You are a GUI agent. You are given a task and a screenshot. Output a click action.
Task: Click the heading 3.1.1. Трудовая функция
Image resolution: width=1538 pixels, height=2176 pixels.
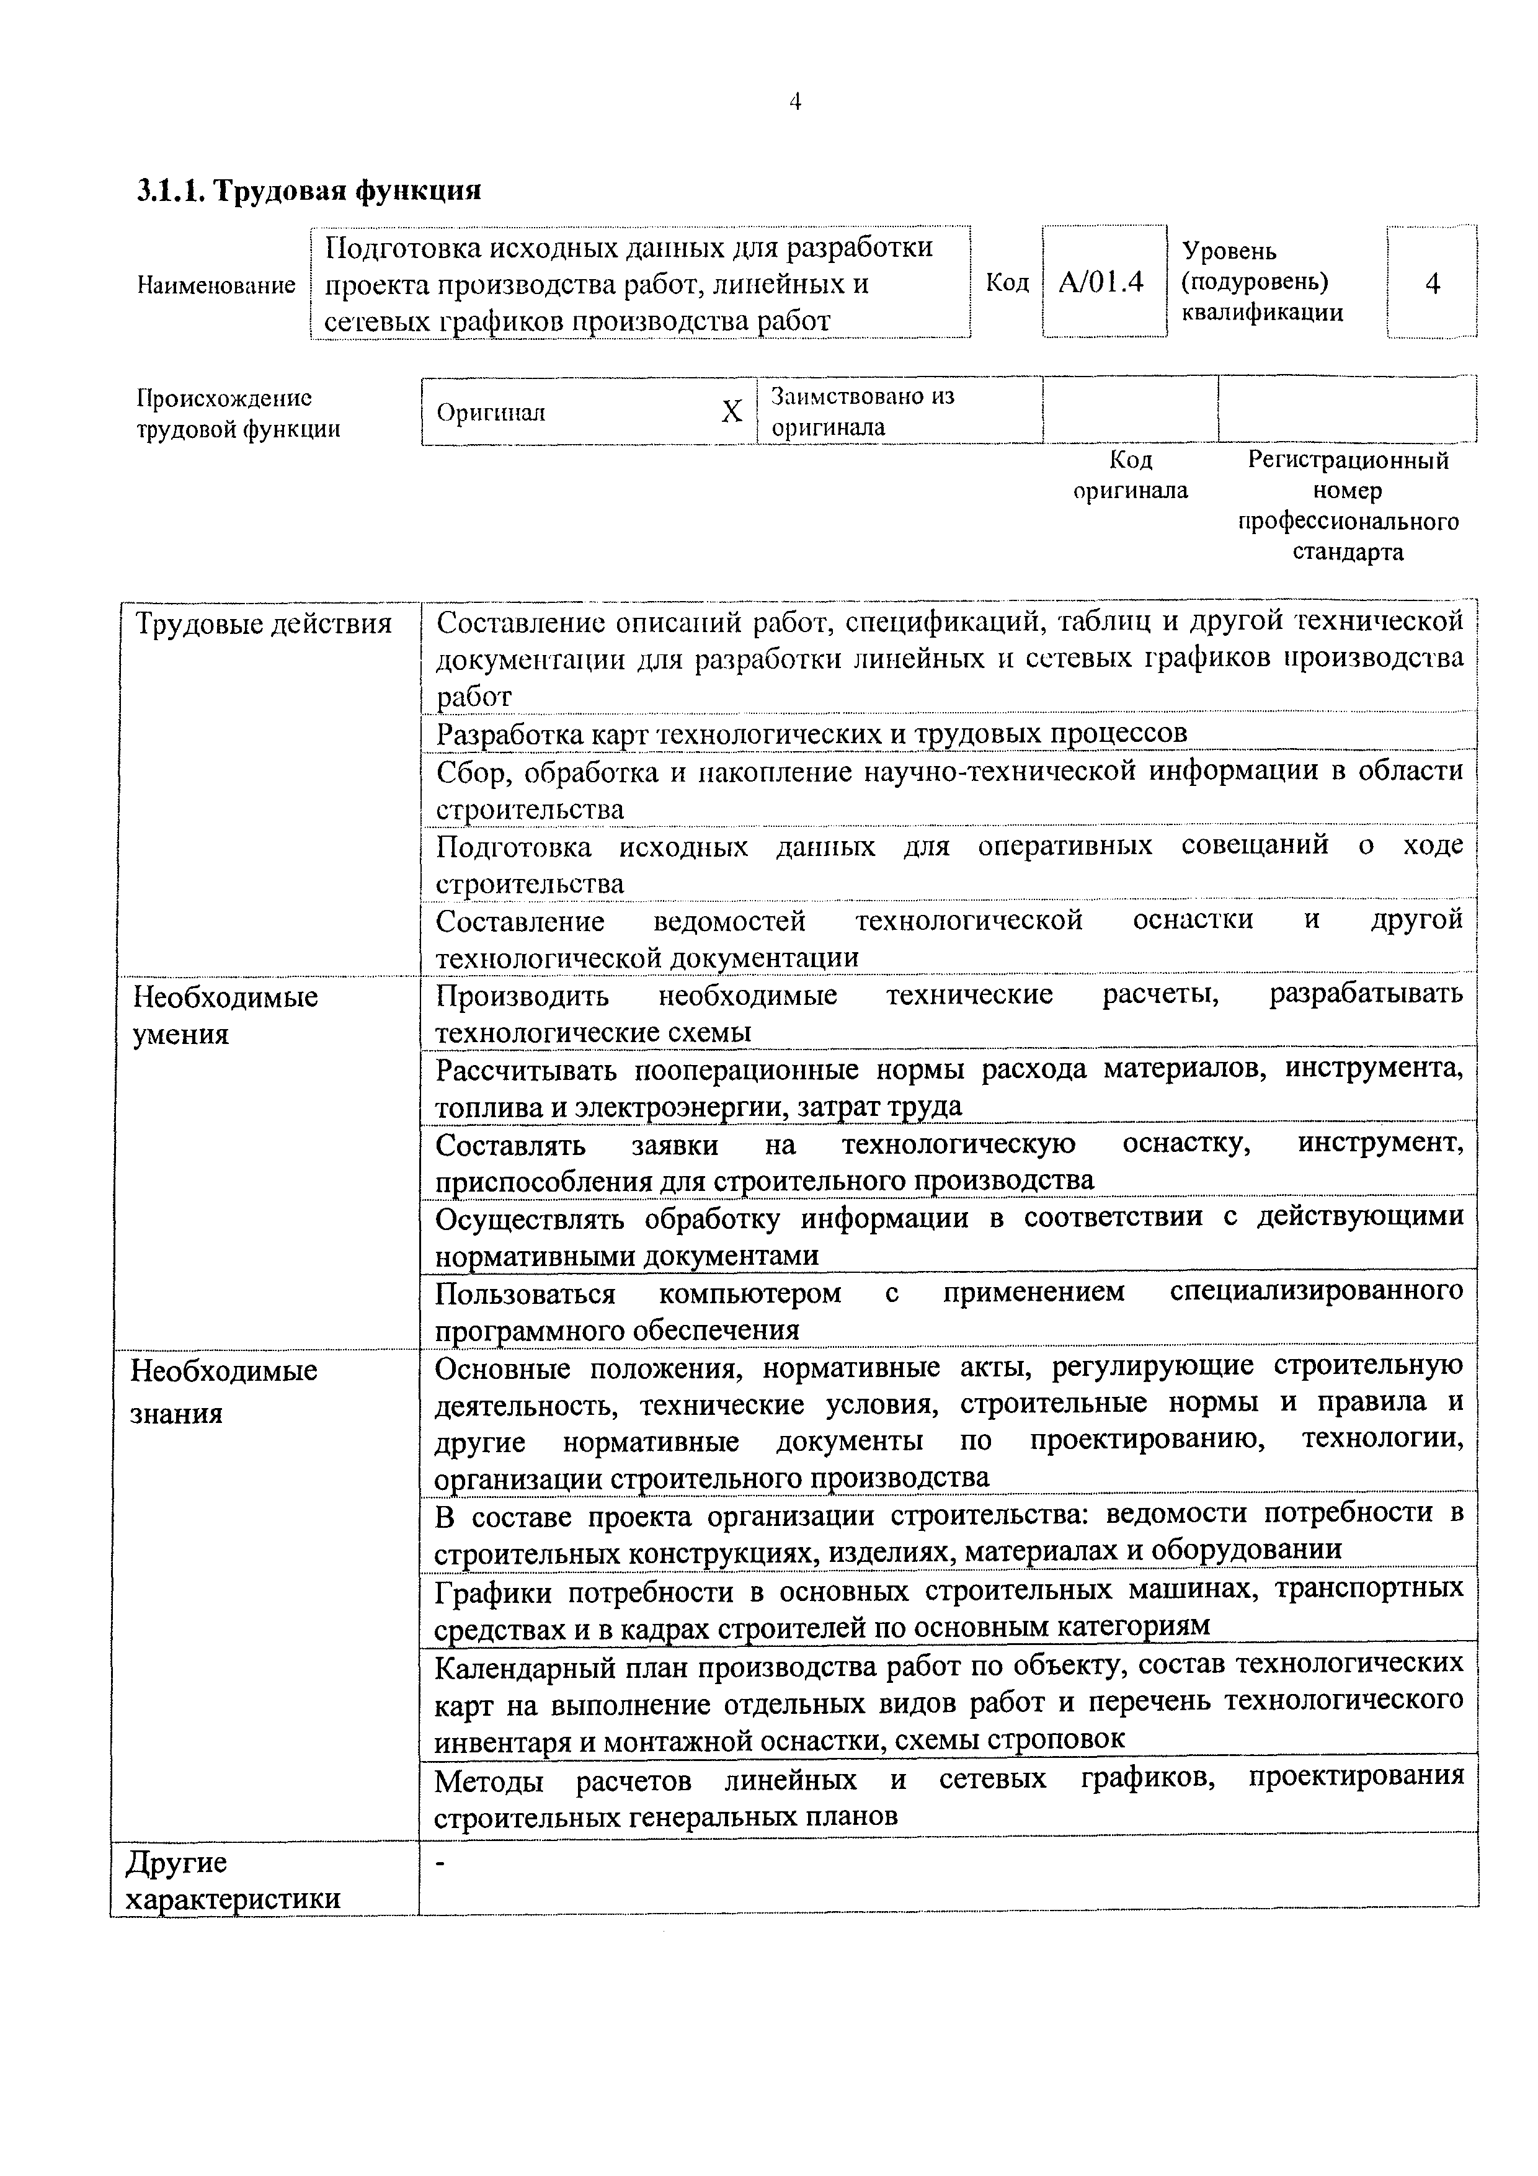(309, 190)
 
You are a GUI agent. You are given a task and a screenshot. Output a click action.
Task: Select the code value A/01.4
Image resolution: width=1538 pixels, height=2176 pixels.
(1101, 282)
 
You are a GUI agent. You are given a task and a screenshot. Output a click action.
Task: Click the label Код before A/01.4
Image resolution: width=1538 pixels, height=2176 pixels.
(1007, 282)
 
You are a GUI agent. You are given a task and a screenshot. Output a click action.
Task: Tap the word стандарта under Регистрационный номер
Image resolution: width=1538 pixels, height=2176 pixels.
(1348, 553)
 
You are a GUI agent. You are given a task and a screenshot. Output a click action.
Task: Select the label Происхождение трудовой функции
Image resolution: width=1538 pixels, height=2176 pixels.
(238, 413)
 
